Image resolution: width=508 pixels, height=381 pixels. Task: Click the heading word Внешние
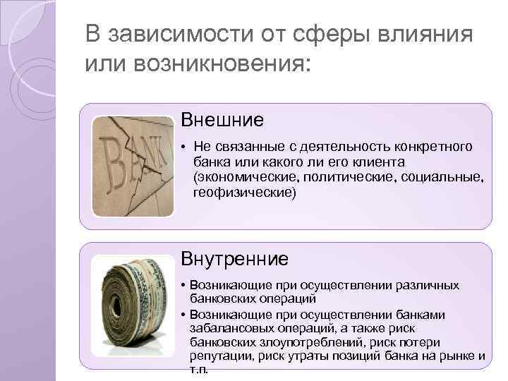pyautogui.click(x=222, y=120)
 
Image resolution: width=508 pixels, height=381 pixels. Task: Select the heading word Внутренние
pyautogui.click(x=235, y=259)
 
